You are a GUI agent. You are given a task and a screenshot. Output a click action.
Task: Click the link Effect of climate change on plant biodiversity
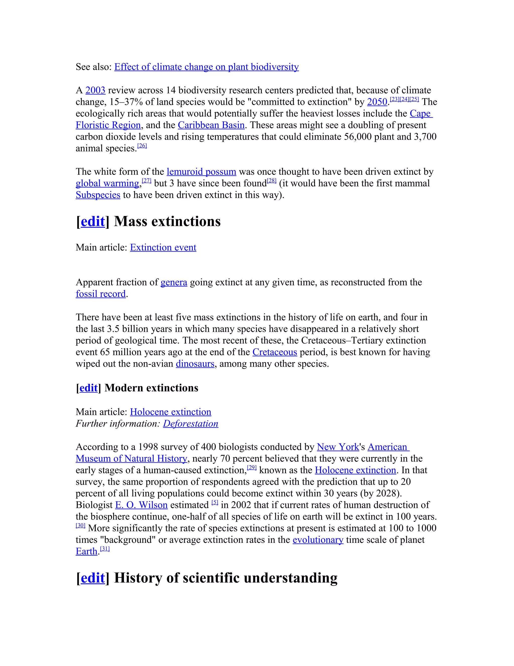point(207,67)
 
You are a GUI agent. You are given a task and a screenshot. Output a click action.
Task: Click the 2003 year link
point(95,90)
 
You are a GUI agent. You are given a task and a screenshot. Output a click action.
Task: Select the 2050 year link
point(377,102)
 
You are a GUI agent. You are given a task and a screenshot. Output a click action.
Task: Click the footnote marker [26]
point(142,146)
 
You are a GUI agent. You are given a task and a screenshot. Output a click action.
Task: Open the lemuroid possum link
point(201,172)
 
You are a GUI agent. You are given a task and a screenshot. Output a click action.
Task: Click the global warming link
point(107,183)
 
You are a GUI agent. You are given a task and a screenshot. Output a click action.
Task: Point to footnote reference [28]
point(272,181)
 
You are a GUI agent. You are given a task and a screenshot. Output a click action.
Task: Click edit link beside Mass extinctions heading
point(93,221)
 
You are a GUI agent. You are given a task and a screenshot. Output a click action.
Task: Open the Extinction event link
point(163,247)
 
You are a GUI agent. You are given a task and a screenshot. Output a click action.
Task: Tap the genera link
point(174,282)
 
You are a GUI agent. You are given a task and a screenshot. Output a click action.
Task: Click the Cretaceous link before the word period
point(275,352)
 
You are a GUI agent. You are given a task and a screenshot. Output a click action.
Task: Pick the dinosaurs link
point(195,364)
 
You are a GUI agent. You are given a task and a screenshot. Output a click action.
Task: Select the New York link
point(338,447)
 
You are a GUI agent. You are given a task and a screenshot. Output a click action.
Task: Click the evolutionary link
point(318,540)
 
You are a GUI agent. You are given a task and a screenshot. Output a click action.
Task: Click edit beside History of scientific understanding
point(93,578)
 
